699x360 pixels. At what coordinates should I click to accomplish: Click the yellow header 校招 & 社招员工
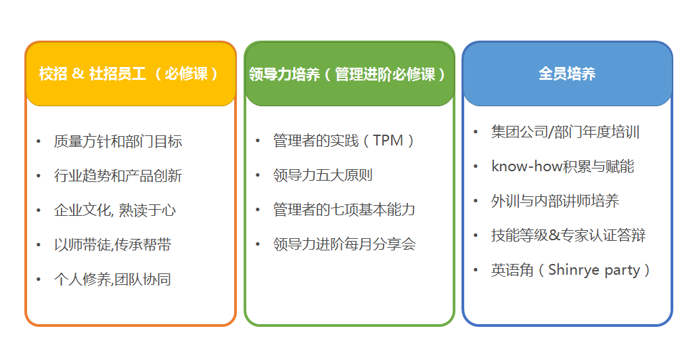coord(131,74)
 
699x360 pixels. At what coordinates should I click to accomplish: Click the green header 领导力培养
coord(349,74)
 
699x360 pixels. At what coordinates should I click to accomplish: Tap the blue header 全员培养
coord(568,74)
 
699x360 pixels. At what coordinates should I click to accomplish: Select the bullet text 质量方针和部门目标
coord(118,141)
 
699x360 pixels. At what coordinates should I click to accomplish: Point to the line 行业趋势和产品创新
coord(118,175)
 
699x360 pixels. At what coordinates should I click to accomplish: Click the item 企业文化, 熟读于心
coord(115,210)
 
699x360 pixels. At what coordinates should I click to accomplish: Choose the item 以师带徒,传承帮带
coord(113,244)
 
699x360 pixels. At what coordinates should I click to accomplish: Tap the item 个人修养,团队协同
coord(113,279)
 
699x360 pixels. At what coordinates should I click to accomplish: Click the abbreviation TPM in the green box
coord(388,140)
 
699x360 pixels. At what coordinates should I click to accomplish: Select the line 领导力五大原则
coord(323,175)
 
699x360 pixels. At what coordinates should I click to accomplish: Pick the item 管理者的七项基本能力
coord(344,209)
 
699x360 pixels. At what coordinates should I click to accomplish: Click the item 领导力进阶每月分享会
coord(344,244)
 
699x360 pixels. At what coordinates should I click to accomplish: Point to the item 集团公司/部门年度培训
coord(565,132)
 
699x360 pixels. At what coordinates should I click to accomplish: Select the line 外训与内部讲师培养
coord(556,201)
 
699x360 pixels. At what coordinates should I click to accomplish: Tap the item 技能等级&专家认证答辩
coord(568,235)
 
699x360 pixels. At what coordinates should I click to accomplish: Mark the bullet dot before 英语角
coord(476,270)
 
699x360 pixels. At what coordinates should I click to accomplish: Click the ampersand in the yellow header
coord(78,74)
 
